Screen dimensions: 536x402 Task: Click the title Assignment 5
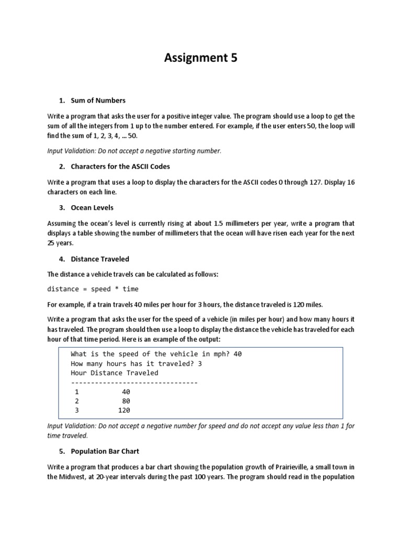pos(200,58)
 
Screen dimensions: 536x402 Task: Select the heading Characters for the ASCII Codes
pos(120,166)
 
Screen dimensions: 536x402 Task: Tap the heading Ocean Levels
pos(92,208)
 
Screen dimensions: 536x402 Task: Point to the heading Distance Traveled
pos(100,259)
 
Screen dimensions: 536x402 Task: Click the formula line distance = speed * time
pos(93,289)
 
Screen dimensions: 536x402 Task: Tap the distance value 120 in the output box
pos(124,410)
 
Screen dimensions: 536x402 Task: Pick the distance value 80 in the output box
pos(126,401)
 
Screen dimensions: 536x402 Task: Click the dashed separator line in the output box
pos(134,383)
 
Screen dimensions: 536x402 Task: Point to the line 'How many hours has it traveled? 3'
pos(136,363)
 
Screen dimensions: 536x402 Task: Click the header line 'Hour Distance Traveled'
pos(114,373)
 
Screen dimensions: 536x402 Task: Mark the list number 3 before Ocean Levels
pos(61,208)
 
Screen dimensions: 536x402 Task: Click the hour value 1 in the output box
pos(77,392)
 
